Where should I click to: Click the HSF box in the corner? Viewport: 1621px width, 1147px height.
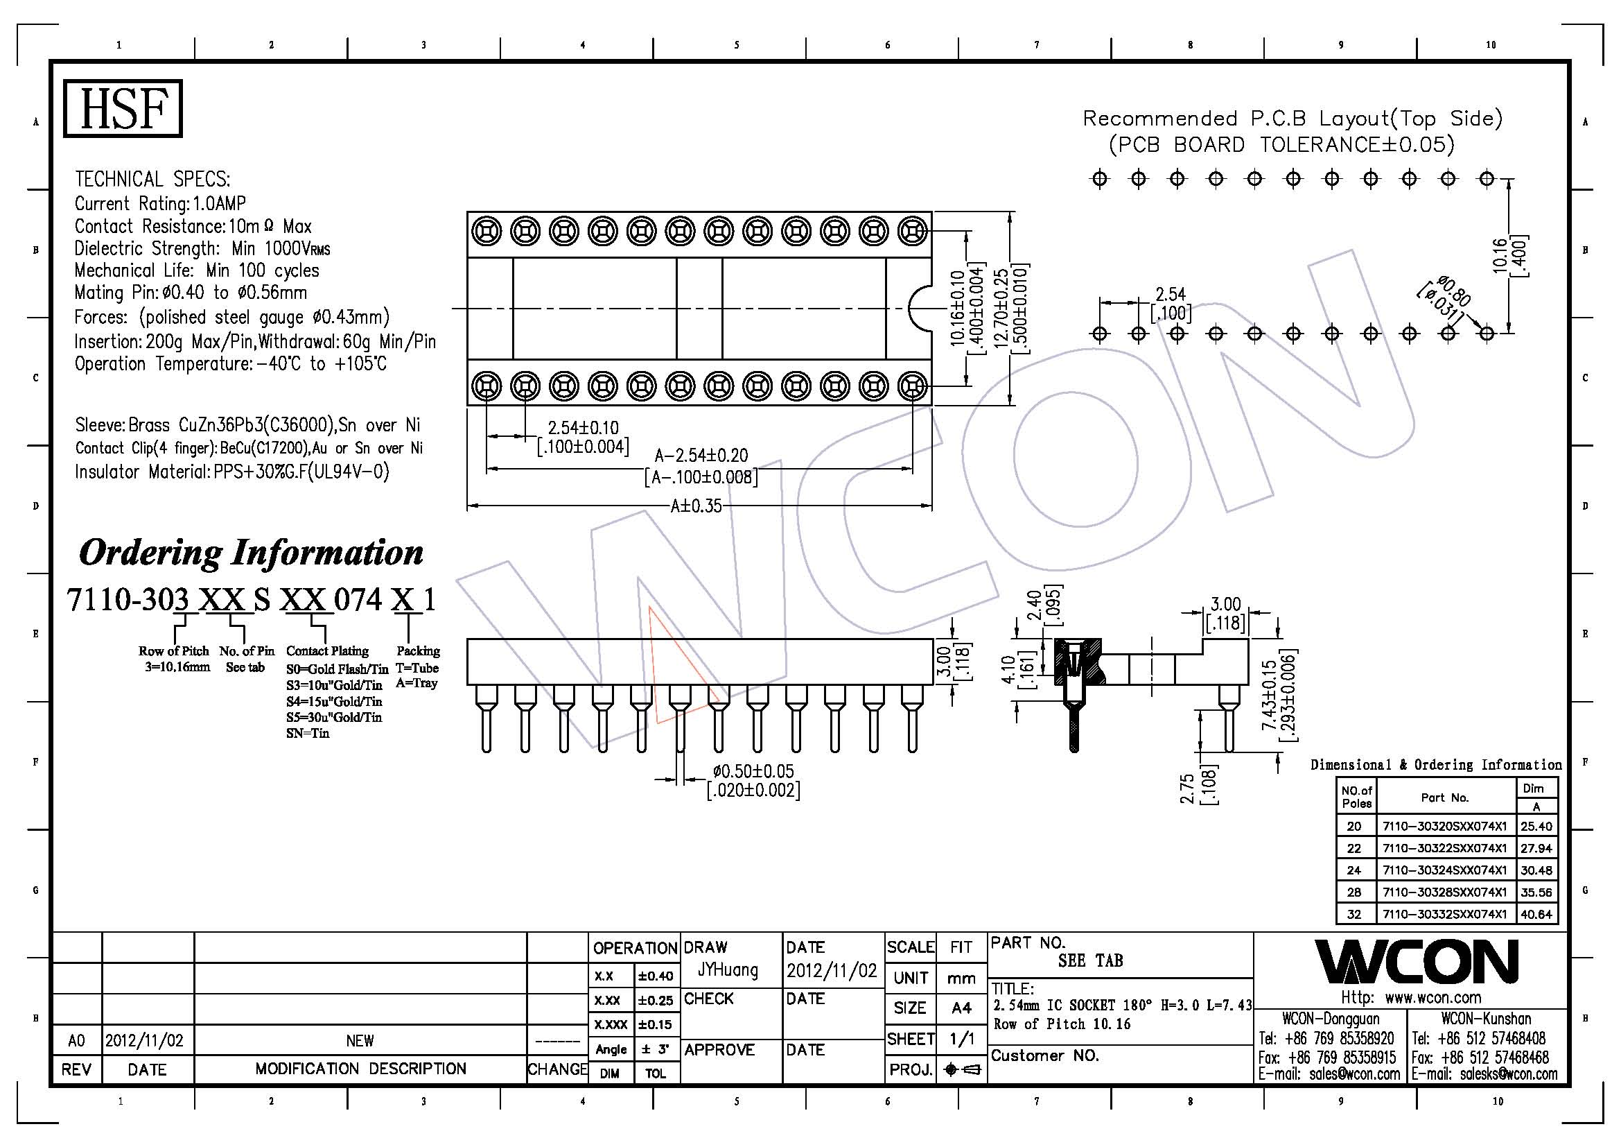pyautogui.click(x=123, y=108)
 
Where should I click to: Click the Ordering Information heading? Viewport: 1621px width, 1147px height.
pyautogui.click(x=251, y=552)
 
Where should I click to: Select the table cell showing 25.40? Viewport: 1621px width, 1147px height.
pyautogui.click(x=1536, y=826)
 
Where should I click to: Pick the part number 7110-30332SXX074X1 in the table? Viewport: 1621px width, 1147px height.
pyautogui.click(x=1444, y=914)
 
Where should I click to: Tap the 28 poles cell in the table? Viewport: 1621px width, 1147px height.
pyautogui.click(x=1353, y=892)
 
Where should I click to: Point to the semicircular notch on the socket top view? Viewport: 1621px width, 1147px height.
pyautogui.click(x=920, y=308)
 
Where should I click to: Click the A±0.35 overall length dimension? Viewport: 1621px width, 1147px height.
pyautogui.click(x=695, y=506)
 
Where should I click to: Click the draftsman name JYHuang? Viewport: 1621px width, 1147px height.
pyautogui.click(x=727, y=969)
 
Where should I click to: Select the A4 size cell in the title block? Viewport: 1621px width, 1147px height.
pyautogui.click(x=961, y=1008)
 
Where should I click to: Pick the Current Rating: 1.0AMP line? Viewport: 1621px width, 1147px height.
pyautogui.click(x=160, y=204)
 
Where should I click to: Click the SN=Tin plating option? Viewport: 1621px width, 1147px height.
pyautogui.click(x=308, y=733)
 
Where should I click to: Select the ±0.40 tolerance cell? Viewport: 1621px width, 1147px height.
pyautogui.click(x=655, y=976)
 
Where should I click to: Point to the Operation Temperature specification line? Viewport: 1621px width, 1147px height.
pyautogui.click(x=230, y=365)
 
